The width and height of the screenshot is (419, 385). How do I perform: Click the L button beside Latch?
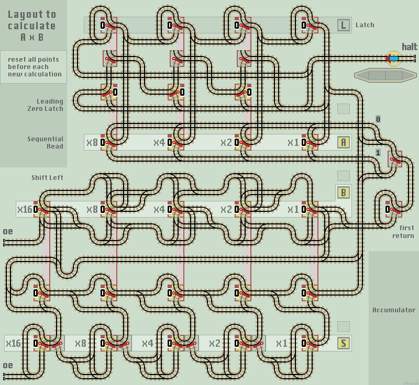[x=344, y=25]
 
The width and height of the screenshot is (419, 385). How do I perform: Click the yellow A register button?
[x=344, y=142]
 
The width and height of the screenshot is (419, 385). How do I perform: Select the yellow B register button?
[x=344, y=192]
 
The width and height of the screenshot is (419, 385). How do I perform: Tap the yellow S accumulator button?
[x=344, y=344]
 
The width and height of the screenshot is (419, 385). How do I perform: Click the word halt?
[x=409, y=47]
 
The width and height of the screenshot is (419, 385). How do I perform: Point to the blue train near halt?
[x=393, y=59]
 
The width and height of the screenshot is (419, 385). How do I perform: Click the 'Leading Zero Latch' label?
[x=46, y=105]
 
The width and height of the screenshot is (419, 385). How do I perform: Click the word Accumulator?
[x=394, y=310]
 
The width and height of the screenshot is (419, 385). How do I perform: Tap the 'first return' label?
[x=403, y=232]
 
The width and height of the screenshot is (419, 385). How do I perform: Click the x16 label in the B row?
[x=25, y=210]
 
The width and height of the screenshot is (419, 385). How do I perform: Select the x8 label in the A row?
[x=92, y=142]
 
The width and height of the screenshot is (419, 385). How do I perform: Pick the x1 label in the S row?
[x=281, y=344]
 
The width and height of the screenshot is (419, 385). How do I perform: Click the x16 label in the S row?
[x=13, y=344]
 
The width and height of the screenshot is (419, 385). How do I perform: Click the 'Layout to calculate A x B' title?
[x=31, y=26]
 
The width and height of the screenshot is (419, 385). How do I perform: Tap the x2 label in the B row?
[x=226, y=210]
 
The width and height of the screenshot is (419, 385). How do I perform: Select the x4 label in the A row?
[x=159, y=142]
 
